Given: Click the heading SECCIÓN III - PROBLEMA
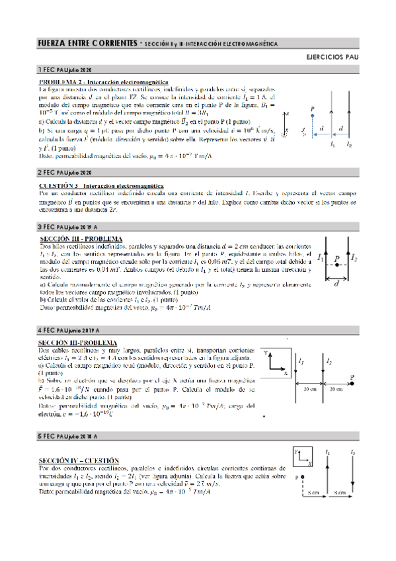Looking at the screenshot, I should click(81, 237).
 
